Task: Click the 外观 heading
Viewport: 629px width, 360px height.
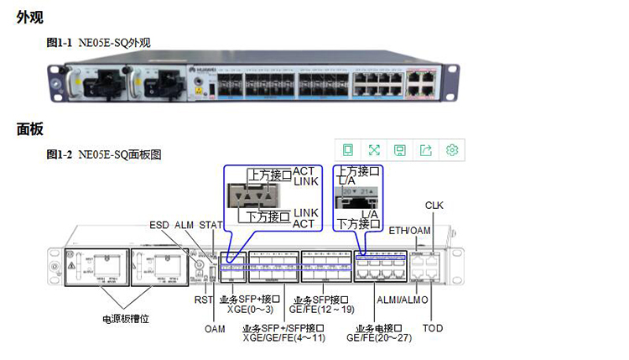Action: [30, 17]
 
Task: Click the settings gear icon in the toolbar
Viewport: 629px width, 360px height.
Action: [452, 150]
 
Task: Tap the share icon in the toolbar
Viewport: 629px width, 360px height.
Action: [426, 150]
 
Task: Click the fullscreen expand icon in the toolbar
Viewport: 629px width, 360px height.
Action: [374, 150]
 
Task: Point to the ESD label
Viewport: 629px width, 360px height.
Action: [159, 226]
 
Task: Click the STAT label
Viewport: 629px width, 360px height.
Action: [213, 226]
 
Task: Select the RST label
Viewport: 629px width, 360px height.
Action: [203, 299]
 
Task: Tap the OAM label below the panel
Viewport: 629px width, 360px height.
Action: [215, 328]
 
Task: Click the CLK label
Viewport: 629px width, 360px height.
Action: [434, 205]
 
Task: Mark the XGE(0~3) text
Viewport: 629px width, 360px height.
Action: [247, 309]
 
